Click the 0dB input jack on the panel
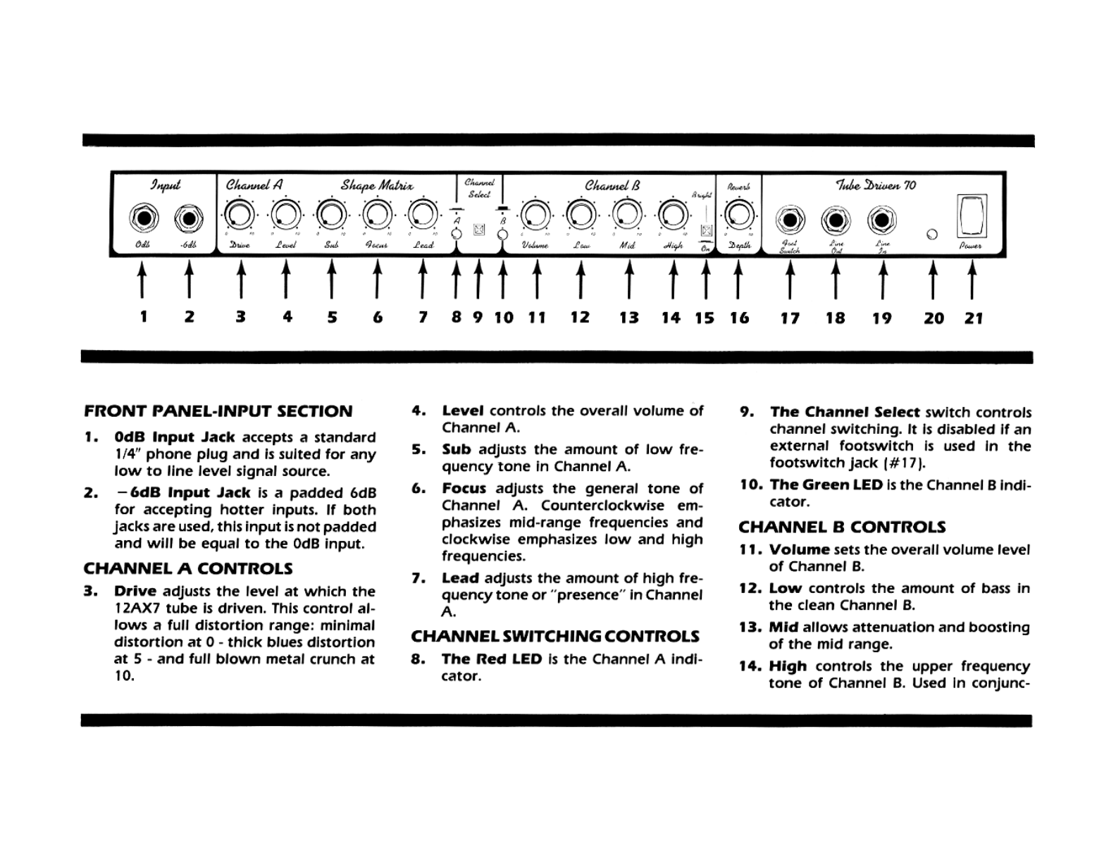144,218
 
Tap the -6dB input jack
189,218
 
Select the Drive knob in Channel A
240,214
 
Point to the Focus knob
378,214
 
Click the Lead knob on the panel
423,214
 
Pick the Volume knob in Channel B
536,214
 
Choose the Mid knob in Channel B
628,214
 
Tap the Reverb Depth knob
738,214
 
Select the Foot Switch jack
790,220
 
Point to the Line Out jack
836,220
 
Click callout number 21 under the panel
973,318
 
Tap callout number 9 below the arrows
478,318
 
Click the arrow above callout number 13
629,280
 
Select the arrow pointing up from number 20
933,280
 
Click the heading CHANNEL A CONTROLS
187,568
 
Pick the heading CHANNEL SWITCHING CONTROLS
555,637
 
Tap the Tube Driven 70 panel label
876,185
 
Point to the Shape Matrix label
377,185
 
